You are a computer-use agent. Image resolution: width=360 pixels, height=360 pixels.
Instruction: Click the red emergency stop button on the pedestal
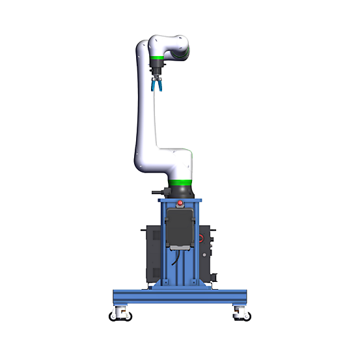pyautogui.click(x=181, y=203)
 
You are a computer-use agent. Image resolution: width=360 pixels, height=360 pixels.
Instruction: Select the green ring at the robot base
pyautogui.click(x=180, y=181)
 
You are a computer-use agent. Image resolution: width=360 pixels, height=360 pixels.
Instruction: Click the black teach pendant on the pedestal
pyautogui.click(x=180, y=228)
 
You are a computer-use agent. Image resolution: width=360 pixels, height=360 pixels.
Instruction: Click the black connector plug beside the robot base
pyautogui.click(x=156, y=192)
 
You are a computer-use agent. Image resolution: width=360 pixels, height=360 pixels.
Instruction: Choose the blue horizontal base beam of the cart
pyautogui.click(x=180, y=296)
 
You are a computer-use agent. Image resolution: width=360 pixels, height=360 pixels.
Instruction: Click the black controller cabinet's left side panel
pyautogui.click(x=150, y=251)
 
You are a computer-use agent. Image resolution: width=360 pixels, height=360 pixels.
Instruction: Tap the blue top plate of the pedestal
pyautogui.click(x=180, y=200)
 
